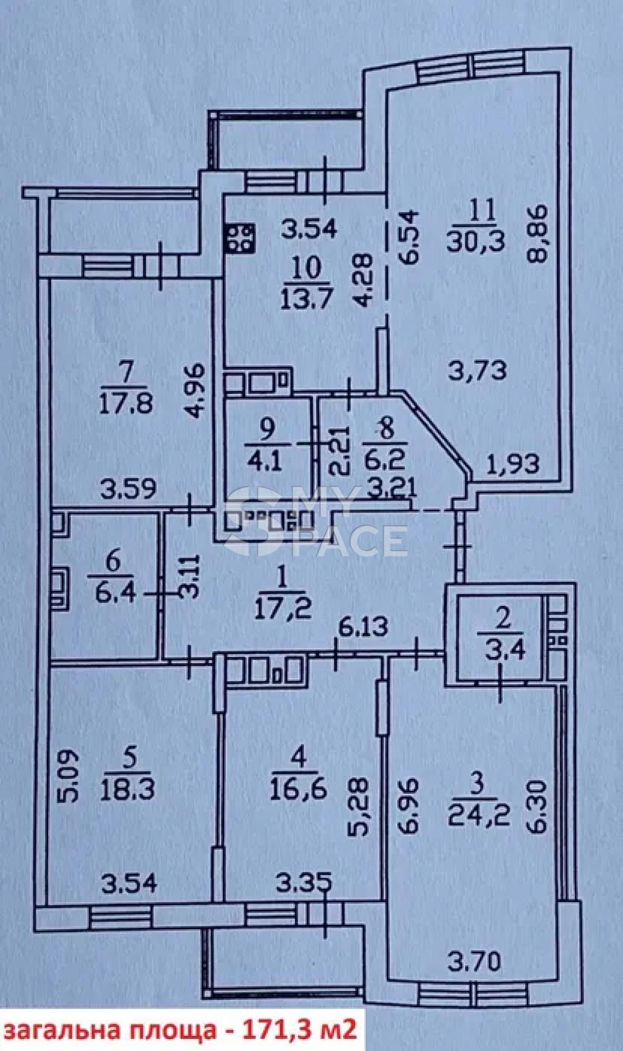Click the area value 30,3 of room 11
click(476, 242)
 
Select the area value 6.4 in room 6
click(115, 592)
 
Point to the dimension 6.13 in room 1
click(363, 627)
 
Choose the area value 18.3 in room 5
click(127, 790)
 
